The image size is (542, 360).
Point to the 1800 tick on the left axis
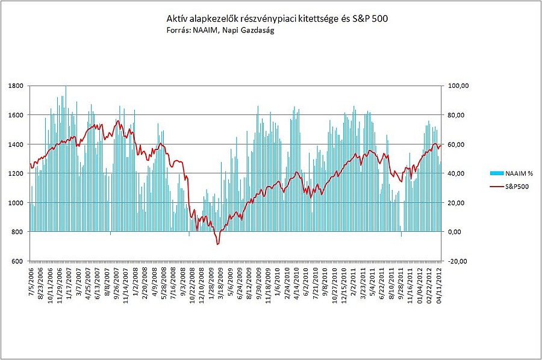tap(16, 86)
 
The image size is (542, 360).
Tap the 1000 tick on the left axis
tap(16, 203)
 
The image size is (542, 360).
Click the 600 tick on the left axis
tap(16, 261)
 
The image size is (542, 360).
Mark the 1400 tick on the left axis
tap(16, 144)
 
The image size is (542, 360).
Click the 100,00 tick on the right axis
tap(458, 86)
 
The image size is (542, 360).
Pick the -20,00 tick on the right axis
tap(458, 261)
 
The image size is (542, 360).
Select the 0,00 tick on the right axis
tap(455, 232)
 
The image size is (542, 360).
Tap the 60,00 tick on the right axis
tap(456, 144)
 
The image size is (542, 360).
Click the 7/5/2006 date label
tap(31, 283)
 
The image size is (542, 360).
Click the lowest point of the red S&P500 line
tap(217, 244)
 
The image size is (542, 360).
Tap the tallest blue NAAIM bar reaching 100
tap(66, 87)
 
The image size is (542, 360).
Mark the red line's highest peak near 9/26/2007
tap(118, 121)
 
